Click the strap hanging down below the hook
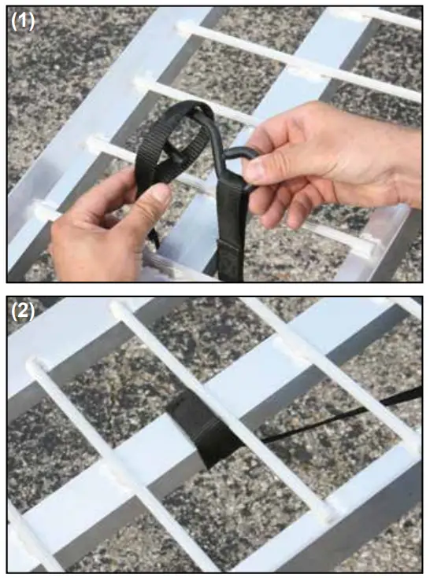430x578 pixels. coord(231,236)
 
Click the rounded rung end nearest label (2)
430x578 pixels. coord(36,366)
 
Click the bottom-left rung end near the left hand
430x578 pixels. coord(39,211)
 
